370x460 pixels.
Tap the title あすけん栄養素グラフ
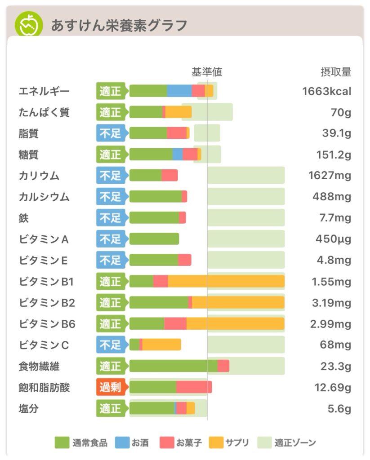pyautogui.click(x=119, y=25)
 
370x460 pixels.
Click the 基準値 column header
pyautogui.click(x=207, y=72)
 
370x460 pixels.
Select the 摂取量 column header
pyautogui.click(x=335, y=72)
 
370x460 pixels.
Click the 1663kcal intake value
pyautogui.click(x=326, y=91)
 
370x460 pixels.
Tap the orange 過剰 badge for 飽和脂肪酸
pyautogui.click(x=110, y=387)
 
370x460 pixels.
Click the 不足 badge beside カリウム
pyautogui.click(x=110, y=176)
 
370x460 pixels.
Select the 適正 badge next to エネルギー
pyautogui.click(x=110, y=91)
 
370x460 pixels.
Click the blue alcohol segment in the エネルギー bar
pyautogui.click(x=179, y=91)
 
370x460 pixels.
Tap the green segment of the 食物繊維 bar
pyautogui.click(x=174, y=366)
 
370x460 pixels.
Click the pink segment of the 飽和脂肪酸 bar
pyautogui.click(x=194, y=387)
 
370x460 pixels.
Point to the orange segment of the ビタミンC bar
pyautogui.click(x=161, y=345)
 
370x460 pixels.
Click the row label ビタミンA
pyautogui.click(x=44, y=239)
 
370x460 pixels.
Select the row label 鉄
pyautogui.click(x=24, y=218)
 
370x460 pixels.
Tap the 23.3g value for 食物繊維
pyautogui.click(x=335, y=367)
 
